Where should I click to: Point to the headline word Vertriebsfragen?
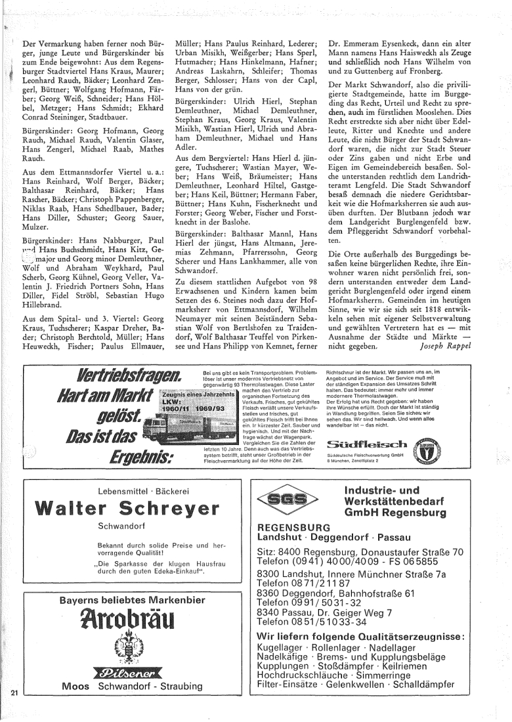tap(130, 377)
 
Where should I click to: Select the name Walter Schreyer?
tap(127, 507)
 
